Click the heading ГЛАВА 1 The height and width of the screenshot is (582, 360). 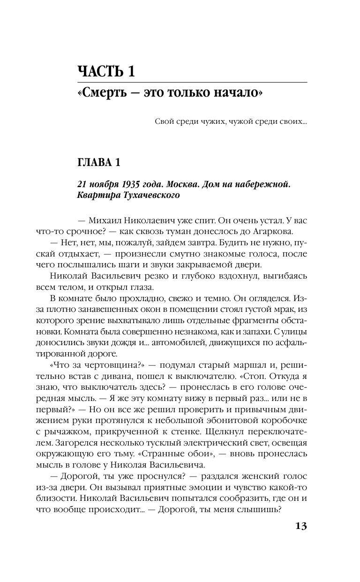(98, 162)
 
